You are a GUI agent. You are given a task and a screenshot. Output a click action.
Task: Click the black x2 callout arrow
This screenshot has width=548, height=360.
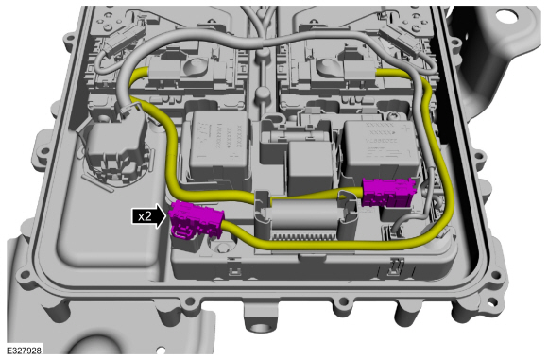(x=149, y=216)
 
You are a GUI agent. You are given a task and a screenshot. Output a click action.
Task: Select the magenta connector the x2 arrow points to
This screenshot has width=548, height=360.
(x=196, y=220)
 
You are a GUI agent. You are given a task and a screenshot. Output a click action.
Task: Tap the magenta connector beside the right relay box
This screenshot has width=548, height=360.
(x=389, y=192)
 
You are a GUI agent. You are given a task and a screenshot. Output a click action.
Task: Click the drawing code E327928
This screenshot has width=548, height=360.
(x=25, y=351)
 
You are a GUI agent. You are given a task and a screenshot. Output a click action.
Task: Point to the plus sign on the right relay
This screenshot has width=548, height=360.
(x=404, y=128)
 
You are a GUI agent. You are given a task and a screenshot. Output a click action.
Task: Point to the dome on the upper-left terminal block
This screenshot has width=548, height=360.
(x=194, y=65)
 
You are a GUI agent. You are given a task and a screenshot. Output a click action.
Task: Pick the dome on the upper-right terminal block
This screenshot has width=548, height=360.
(x=326, y=65)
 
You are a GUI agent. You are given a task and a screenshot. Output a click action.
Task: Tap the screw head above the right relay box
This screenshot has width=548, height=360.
(x=394, y=114)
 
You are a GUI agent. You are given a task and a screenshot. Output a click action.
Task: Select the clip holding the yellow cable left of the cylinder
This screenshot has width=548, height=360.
(x=262, y=206)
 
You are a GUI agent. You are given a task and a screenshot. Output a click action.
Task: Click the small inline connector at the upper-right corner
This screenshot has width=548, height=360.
(x=400, y=38)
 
